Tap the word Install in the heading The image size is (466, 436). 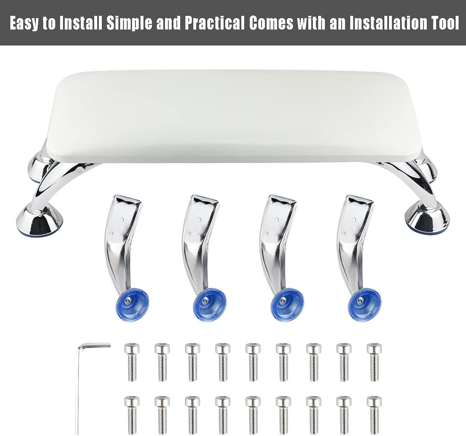tap(81, 23)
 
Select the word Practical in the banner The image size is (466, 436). tap(214, 23)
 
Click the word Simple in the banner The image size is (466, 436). tap(129, 23)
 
